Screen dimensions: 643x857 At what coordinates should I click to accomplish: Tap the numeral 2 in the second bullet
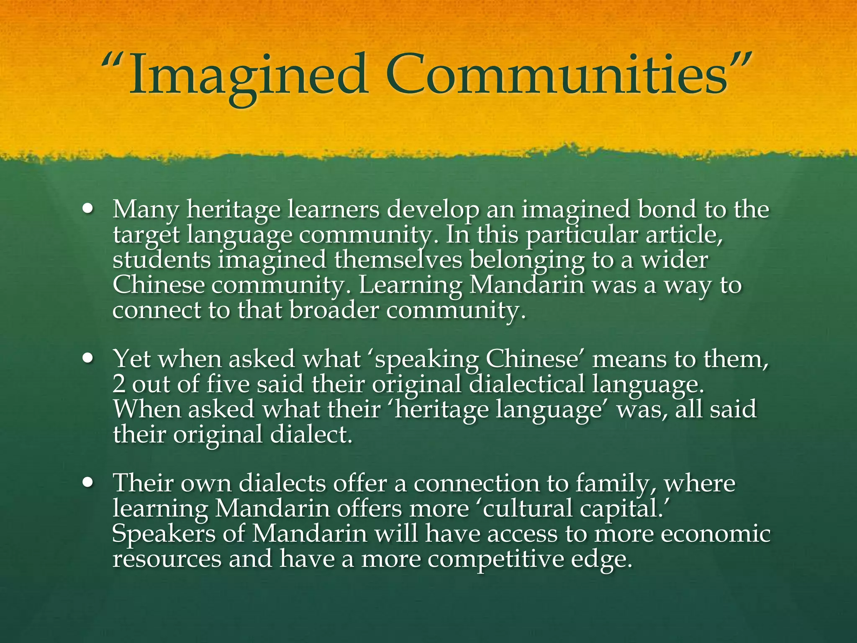click(x=119, y=384)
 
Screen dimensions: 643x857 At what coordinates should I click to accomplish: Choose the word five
click(x=228, y=384)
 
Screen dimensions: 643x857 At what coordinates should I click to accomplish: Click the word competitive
click(x=495, y=559)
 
